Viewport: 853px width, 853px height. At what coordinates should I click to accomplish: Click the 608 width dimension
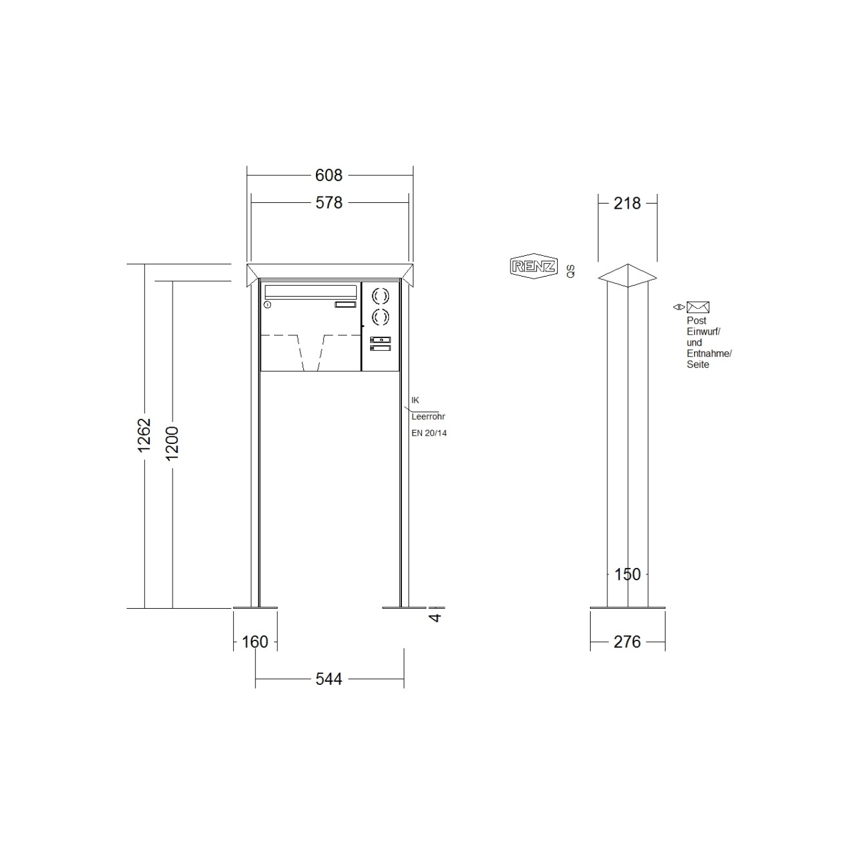click(x=328, y=175)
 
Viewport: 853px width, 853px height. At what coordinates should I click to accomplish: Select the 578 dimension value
click(x=329, y=203)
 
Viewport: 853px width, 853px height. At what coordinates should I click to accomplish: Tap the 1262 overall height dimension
click(x=144, y=435)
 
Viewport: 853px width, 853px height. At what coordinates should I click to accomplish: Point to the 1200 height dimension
click(x=172, y=443)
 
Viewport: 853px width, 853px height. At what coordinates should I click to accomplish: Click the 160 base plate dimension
click(x=255, y=642)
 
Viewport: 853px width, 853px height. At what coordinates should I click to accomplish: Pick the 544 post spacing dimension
click(x=328, y=679)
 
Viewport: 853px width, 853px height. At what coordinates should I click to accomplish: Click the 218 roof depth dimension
click(x=627, y=203)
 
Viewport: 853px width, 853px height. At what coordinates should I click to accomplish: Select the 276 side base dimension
click(x=627, y=642)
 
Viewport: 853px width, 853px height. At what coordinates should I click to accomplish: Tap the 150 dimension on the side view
click(x=627, y=574)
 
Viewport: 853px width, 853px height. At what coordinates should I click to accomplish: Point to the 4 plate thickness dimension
click(x=436, y=617)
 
